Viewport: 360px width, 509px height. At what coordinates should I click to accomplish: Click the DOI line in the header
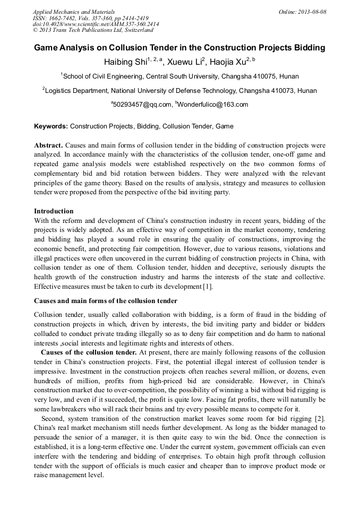[x=96, y=24]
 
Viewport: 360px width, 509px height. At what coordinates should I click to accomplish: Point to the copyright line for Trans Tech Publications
[x=93, y=30]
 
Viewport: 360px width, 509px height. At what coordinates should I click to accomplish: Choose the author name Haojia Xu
[x=228, y=63]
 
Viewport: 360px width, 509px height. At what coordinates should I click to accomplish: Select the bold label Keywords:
[x=51, y=127]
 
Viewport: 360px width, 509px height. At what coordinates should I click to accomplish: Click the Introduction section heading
[x=54, y=211]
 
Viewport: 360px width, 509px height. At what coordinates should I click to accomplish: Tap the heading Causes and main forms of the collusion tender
[x=106, y=301]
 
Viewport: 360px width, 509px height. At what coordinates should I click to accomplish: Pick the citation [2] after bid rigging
[x=320, y=419]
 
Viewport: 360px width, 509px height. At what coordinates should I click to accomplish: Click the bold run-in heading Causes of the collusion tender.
[x=89, y=352]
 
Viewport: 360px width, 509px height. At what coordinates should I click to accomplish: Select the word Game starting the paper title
[x=47, y=48]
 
